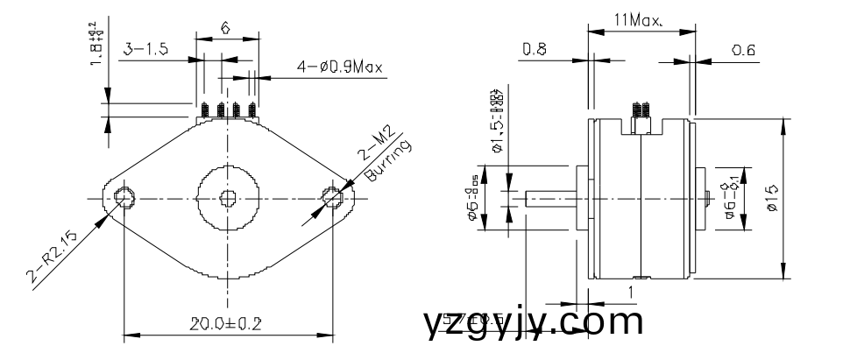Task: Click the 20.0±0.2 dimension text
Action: click(x=226, y=323)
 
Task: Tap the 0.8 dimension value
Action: click(x=535, y=51)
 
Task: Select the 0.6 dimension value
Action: click(x=743, y=51)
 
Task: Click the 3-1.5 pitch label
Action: click(x=145, y=50)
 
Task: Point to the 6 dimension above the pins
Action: click(x=225, y=28)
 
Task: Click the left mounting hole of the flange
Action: click(x=124, y=197)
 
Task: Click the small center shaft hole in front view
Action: click(x=228, y=197)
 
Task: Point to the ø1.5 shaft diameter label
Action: click(x=497, y=122)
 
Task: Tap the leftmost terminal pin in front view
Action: click(x=203, y=111)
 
